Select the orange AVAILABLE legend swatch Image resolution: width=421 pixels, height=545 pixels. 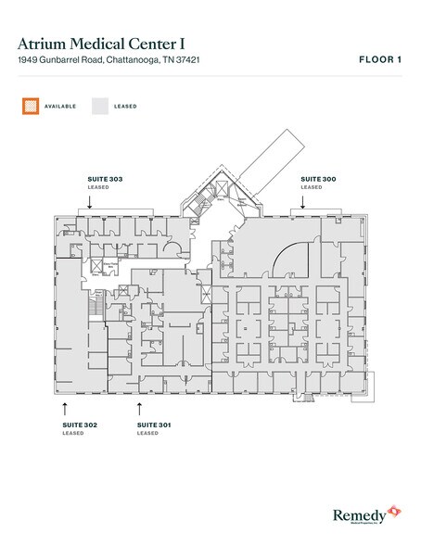tap(30, 107)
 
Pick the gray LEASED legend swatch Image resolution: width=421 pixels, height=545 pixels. tap(99, 107)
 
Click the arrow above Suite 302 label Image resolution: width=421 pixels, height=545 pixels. tap(65, 406)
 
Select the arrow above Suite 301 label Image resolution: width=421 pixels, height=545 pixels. tap(140, 406)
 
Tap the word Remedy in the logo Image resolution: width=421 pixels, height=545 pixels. tap(358, 513)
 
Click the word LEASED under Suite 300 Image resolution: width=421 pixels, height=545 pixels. tap(312, 186)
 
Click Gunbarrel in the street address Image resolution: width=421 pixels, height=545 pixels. tap(60, 60)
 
